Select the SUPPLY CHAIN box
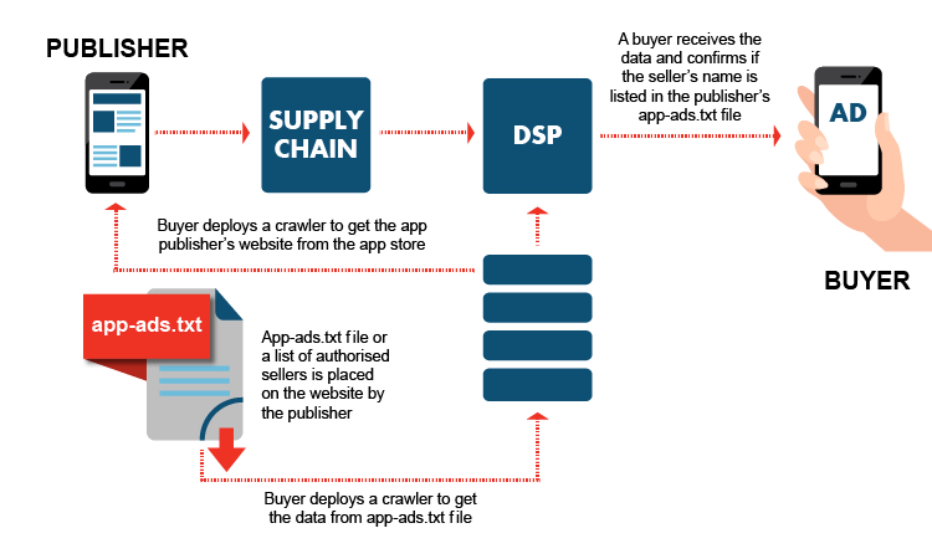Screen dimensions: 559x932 coord(316,135)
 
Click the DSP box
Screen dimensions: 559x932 coord(537,136)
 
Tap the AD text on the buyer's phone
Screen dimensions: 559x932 coord(848,113)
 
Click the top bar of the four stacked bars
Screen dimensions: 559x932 coord(537,270)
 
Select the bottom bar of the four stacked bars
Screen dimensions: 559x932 coord(537,385)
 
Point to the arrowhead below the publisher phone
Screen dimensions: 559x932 coord(116,207)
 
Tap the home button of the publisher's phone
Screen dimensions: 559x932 coord(117,184)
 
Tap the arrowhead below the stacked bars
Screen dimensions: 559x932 coord(537,416)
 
